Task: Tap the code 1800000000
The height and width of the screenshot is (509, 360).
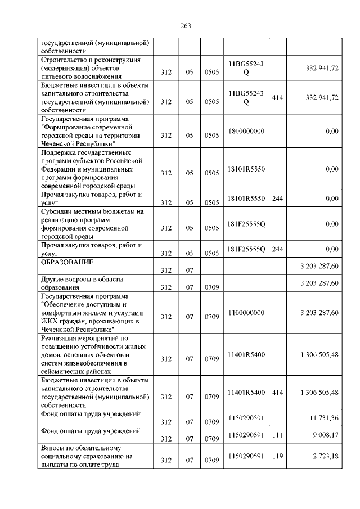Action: coord(246,131)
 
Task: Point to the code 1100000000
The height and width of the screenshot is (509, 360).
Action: coord(246,312)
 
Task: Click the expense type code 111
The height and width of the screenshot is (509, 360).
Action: coord(277,434)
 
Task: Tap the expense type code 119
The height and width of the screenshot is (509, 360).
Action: coord(277,456)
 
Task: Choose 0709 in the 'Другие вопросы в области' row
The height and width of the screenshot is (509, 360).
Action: coord(211,287)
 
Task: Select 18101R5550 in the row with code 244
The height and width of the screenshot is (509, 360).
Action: coord(246,198)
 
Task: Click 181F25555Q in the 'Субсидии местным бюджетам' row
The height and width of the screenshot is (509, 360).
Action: coord(246,224)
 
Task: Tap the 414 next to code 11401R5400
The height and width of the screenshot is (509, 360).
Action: coord(277,392)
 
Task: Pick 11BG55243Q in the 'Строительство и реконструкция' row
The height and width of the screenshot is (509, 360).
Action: coord(246,69)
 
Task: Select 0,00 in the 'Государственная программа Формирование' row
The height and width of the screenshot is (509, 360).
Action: coord(332,131)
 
